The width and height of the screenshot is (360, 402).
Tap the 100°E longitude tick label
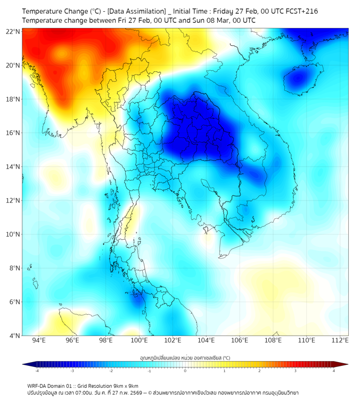pyautogui.click(x=140, y=340)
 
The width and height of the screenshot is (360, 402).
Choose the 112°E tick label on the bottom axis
pyautogui.click(x=340, y=340)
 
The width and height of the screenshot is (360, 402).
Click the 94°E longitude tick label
pyautogui.click(x=39, y=340)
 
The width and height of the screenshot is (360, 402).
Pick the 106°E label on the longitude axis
pyautogui.click(x=240, y=340)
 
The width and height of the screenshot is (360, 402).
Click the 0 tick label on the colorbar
pyautogui.click(x=185, y=371)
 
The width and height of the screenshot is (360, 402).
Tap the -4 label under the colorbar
pyautogui.click(x=36, y=371)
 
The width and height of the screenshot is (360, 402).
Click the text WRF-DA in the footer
pyautogui.click(x=38, y=386)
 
